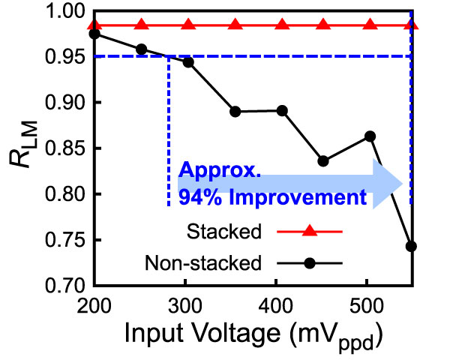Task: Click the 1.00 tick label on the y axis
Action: (61, 12)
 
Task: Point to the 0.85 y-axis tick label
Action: (61, 148)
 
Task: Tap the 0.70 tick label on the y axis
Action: (61, 286)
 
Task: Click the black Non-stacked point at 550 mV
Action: (411, 247)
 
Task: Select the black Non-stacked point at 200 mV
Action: (94, 34)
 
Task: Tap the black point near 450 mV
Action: (323, 161)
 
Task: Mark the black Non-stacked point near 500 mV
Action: (370, 136)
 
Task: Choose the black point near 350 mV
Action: (235, 112)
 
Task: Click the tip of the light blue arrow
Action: (403, 185)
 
